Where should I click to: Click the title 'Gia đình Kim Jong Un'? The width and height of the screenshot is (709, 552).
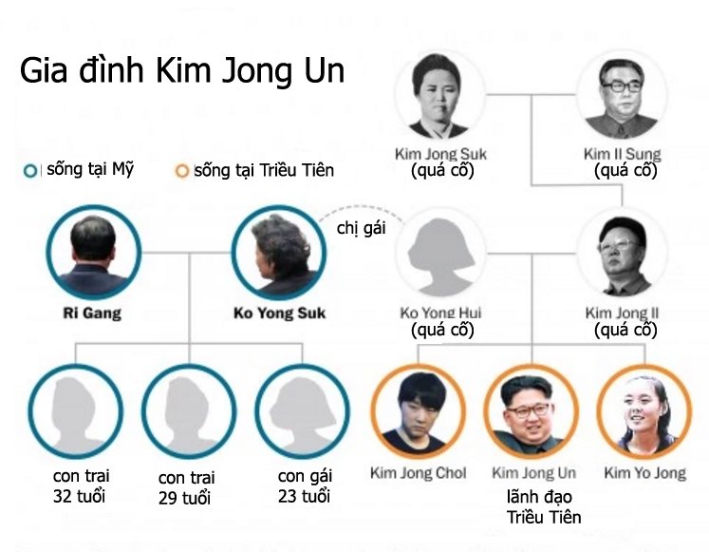point(182,70)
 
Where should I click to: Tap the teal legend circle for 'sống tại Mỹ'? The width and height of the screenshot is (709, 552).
point(30,171)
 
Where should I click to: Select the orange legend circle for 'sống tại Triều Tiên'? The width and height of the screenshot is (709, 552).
point(182,171)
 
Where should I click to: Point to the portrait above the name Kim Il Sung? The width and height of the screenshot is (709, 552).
point(623,95)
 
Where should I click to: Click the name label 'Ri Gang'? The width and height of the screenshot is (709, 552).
point(92,314)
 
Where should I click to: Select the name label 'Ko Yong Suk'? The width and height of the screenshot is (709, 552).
point(279,314)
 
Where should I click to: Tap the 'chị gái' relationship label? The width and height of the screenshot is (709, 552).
point(362,228)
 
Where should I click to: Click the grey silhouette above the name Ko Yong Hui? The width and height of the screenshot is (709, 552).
point(440,254)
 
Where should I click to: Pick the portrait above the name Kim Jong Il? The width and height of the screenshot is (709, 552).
point(623,254)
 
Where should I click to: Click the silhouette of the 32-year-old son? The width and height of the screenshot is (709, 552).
point(76,411)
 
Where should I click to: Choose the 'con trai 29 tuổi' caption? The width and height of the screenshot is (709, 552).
point(186,487)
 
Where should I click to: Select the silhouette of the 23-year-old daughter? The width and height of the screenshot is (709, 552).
point(302,411)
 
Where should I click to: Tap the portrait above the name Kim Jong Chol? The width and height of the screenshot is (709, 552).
point(419,411)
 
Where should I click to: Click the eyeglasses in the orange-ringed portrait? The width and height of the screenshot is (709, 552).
point(528,410)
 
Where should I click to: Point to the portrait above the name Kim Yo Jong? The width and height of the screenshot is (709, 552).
point(644,411)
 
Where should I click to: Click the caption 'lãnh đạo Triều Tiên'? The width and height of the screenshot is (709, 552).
point(544,506)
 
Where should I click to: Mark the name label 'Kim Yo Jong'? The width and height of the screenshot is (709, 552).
point(644,473)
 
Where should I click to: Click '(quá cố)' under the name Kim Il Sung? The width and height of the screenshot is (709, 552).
point(625,171)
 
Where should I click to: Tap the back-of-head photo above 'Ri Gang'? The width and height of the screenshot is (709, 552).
point(94,253)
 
